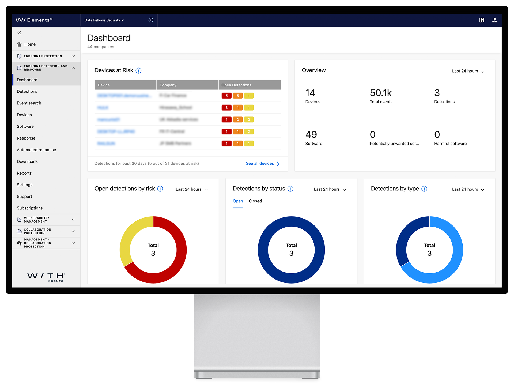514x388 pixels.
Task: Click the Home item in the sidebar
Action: point(30,44)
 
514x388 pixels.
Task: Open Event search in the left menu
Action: point(29,103)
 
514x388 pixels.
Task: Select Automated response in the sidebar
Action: point(36,150)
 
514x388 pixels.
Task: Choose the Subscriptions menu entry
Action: point(30,208)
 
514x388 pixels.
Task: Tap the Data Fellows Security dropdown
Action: point(104,20)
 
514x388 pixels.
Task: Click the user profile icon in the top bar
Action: point(494,20)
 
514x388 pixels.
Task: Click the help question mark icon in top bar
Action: point(482,20)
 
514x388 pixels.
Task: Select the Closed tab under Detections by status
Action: point(255,201)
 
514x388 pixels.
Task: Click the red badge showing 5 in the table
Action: point(226,96)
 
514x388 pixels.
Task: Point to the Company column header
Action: point(168,85)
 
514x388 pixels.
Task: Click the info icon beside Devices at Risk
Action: point(138,71)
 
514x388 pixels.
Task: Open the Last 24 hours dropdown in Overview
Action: point(468,71)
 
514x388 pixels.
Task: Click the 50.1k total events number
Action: point(380,93)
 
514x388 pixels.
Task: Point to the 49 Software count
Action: point(311,135)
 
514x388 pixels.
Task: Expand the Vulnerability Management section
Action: point(46,220)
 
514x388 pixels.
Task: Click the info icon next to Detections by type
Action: point(424,189)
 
